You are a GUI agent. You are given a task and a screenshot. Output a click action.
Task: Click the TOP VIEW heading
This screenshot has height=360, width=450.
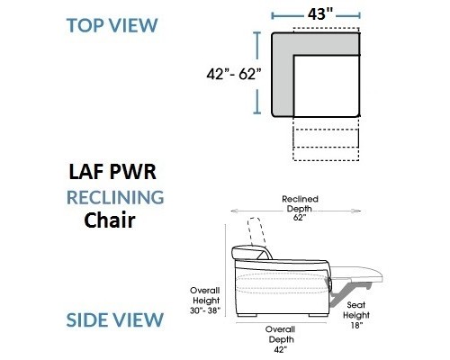click(x=112, y=25)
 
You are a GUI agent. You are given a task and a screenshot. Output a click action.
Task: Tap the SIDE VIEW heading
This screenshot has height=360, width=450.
click(x=114, y=319)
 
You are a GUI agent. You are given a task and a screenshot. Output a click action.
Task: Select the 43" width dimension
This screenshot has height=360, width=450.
click(x=320, y=14)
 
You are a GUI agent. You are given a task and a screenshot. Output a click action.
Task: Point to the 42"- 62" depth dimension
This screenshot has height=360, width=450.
click(x=234, y=74)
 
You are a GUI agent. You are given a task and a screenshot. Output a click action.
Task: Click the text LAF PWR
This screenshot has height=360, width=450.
click(x=112, y=172)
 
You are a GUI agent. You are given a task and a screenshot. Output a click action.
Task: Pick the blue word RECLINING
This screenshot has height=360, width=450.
click(x=115, y=197)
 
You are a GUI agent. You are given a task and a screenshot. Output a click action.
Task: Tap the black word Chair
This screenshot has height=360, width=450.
click(x=110, y=220)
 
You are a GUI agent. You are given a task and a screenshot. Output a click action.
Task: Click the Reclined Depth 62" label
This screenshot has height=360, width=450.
click(x=300, y=208)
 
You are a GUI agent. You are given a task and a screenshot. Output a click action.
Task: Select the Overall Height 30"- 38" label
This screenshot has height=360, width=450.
click(x=205, y=301)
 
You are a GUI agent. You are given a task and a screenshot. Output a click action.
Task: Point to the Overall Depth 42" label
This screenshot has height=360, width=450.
click(x=281, y=339)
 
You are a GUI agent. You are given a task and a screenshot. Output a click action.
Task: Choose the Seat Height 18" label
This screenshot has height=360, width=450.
click(x=356, y=315)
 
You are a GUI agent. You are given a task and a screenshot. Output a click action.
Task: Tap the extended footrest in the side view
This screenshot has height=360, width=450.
click(x=357, y=274)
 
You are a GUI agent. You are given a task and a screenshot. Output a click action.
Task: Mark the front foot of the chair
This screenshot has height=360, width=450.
click(x=319, y=315)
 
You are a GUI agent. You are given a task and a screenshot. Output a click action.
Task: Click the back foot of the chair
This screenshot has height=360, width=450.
click(x=247, y=315)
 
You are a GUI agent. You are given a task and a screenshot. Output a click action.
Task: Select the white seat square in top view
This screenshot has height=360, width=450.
click(x=327, y=86)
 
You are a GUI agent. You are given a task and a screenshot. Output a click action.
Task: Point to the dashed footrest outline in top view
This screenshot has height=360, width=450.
click(x=326, y=139)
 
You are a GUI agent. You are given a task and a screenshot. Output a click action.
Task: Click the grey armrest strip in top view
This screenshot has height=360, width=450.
click(x=282, y=75)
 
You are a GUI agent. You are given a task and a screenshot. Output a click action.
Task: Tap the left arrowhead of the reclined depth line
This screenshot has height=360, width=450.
click(x=234, y=211)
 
